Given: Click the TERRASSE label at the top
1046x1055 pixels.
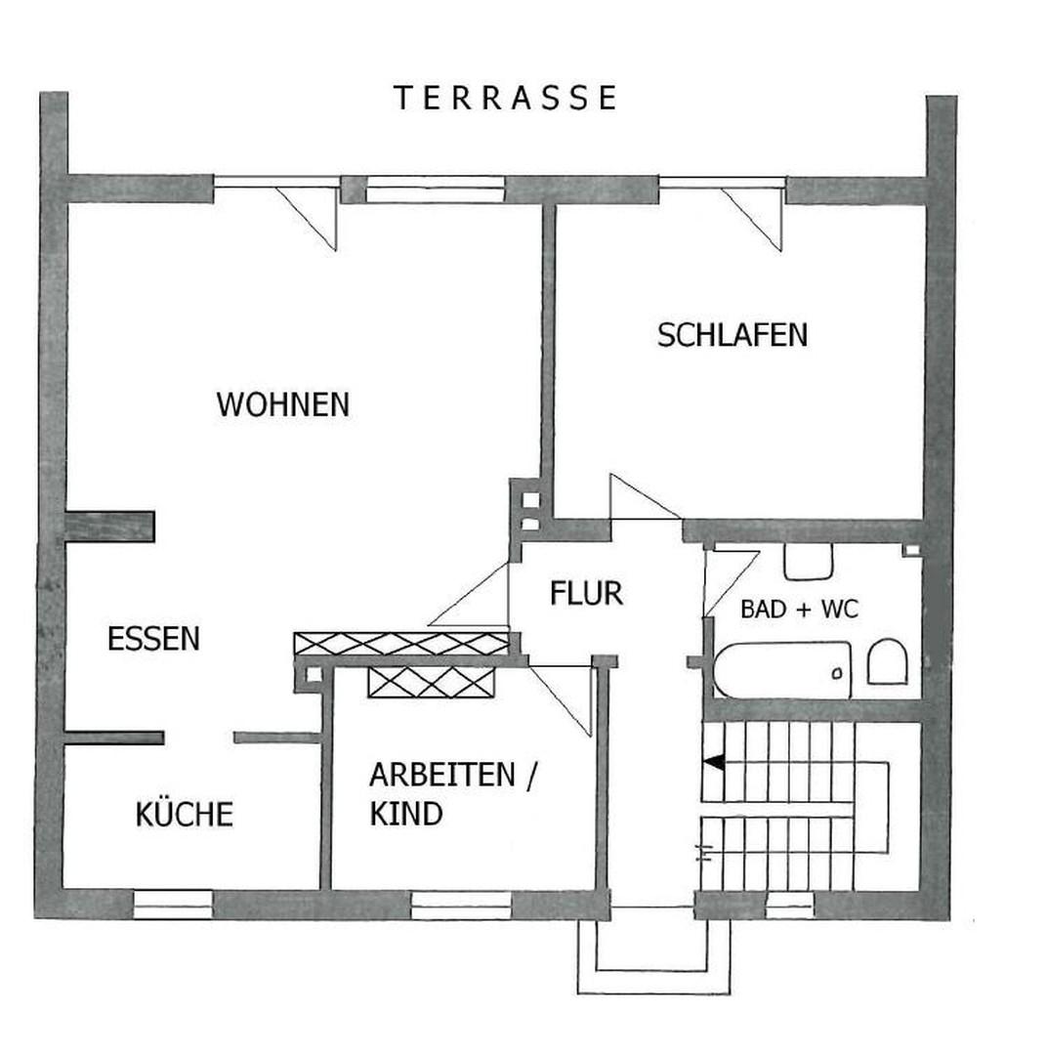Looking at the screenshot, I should pyautogui.click(x=505, y=98).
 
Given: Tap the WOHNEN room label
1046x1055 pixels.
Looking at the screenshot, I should pyautogui.click(x=282, y=404).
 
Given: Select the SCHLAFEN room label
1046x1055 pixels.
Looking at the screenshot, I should pyautogui.click(x=732, y=335).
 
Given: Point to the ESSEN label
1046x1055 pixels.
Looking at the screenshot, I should pyautogui.click(x=153, y=639).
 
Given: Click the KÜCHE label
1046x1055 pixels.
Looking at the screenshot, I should pyautogui.click(x=184, y=814).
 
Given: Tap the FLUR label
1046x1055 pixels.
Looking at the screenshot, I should pyautogui.click(x=586, y=593).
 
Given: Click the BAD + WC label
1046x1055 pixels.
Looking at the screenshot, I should pyautogui.click(x=799, y=611).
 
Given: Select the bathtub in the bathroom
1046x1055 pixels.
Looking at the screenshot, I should pyautogui.click(x=781, y=670).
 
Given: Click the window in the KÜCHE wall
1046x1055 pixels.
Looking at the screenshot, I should pyautogui.click(x=172, y=905).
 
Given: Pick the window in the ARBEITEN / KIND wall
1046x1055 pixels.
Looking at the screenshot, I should pyautogui.click(x=461, y=905).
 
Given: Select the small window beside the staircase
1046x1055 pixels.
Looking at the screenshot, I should pyautogui.click(x=789, y=906).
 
